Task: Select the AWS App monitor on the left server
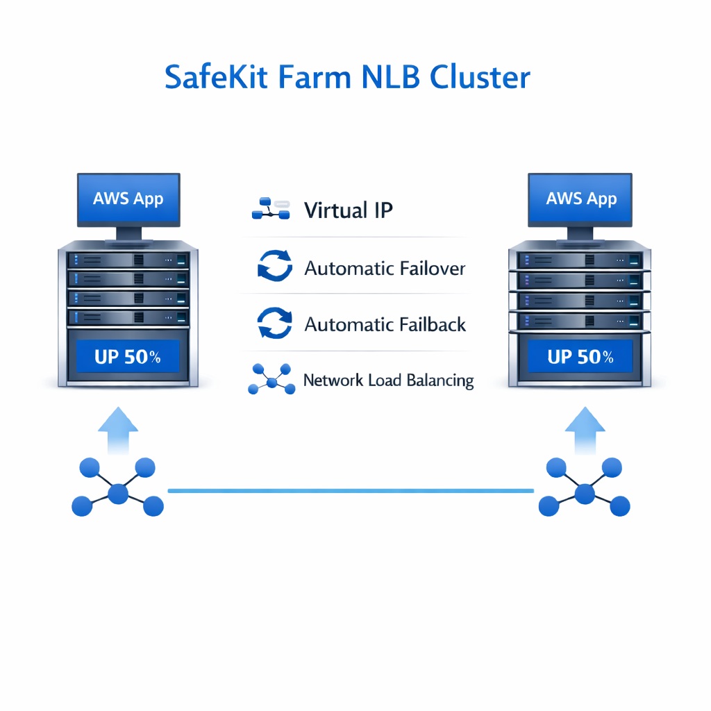[128, 199]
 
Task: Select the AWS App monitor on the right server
[581, 199]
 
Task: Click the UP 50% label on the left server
[128, 357]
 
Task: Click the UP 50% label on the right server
[580, 357]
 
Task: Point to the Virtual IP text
[349, 210]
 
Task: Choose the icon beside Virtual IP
[270, 208]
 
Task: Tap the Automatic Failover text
[385, 268]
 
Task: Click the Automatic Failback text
[385, 324]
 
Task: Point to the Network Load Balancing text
[388, 380]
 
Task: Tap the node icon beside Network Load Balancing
[271, 380]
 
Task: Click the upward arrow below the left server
[118, 430]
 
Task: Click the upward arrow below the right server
[585, 430]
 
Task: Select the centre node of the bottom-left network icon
[118, 494]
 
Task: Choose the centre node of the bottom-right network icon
[585, 494]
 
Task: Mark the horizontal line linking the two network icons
[351, 491]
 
